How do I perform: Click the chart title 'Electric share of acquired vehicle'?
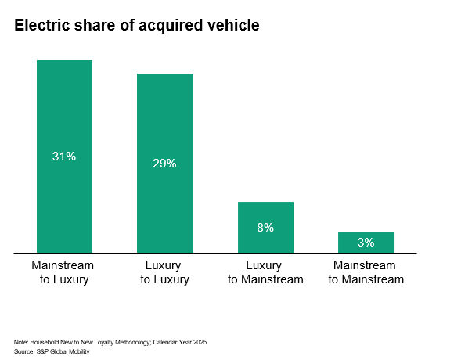click(136, 26)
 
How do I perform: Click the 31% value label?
click(64, 157)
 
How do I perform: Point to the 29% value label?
click(165, 164)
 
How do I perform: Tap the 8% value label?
click(265, 228)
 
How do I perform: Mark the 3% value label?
click(366, 243)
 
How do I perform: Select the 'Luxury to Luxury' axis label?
click(165, 272)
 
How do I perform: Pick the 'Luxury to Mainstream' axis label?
click(265, 272)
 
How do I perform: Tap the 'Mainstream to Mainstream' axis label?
click(366, 272)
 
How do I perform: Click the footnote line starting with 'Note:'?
click(110, 343)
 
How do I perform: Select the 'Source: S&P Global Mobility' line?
click(52, 352)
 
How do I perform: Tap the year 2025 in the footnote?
click(200, 343)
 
